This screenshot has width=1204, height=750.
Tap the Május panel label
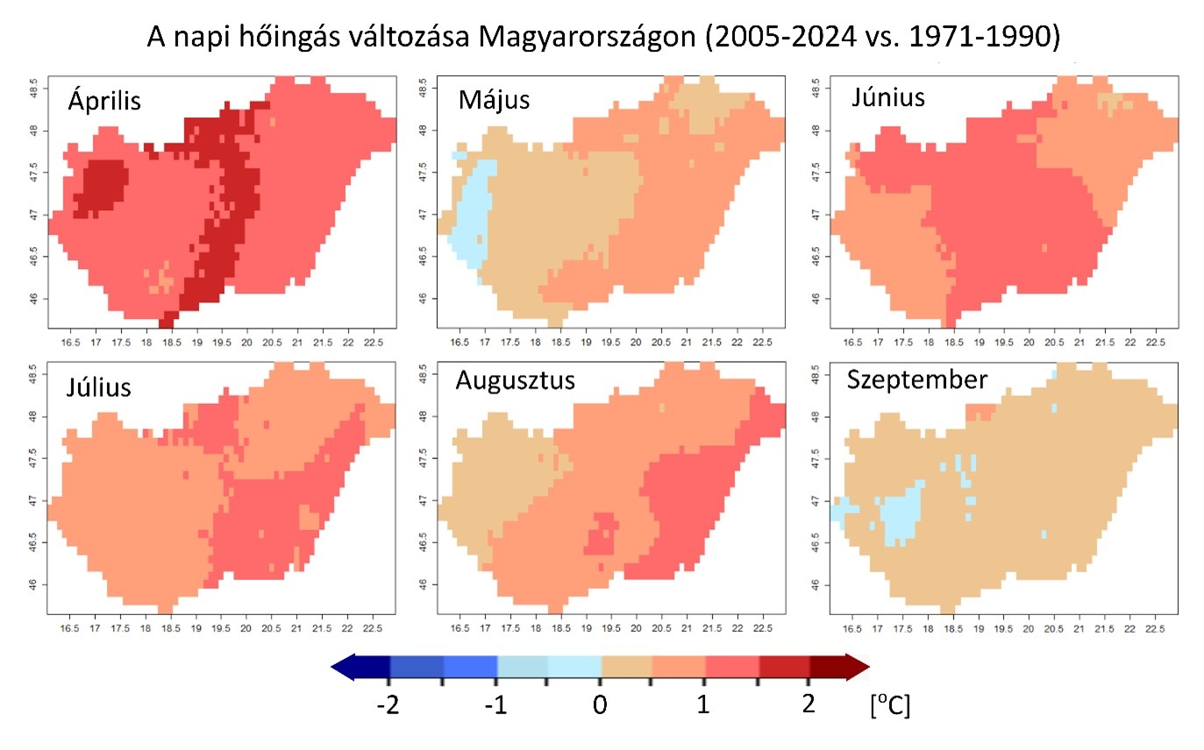494,100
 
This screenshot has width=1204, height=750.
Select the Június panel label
887,96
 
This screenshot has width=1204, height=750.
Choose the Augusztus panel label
515,381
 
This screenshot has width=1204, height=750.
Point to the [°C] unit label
890,705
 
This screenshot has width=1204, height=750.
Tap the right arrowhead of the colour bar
857,669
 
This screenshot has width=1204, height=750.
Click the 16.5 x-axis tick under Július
68,627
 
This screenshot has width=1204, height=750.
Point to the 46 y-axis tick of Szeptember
817,584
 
